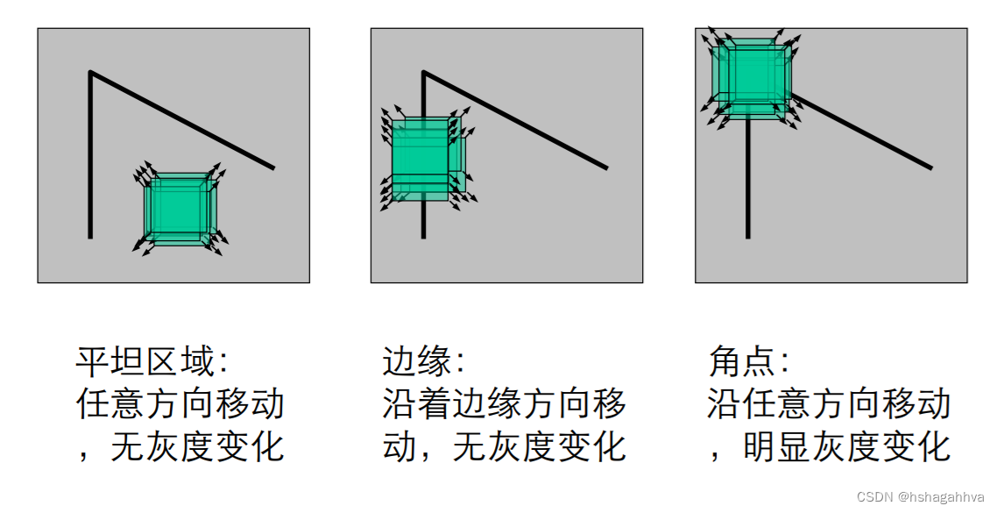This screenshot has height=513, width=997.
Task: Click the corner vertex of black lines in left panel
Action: click(x=90, y=72)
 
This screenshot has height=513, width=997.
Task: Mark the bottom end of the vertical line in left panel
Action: click(x=90, y=237)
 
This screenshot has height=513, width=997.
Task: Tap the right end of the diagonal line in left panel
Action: click(x=273, y=167)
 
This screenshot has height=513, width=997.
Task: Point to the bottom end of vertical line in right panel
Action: click(x=747, y=237)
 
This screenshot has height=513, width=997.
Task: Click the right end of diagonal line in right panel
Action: click(x=930, y=167)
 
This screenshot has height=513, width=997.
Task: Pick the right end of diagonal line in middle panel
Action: click(x=606, y=167)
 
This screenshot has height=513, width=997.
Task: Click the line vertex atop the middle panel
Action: click(x=423, y=72)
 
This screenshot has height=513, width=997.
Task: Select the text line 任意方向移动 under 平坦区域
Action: click(x=180, y=404)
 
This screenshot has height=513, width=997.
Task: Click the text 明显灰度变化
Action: click(x=846, y=447)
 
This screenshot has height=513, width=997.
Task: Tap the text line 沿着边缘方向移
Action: click(x=505, y=404)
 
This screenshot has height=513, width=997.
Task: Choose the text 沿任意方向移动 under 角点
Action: click(x=829, y=404)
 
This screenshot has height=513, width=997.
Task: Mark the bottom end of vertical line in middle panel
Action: click(x=423, y=237)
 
